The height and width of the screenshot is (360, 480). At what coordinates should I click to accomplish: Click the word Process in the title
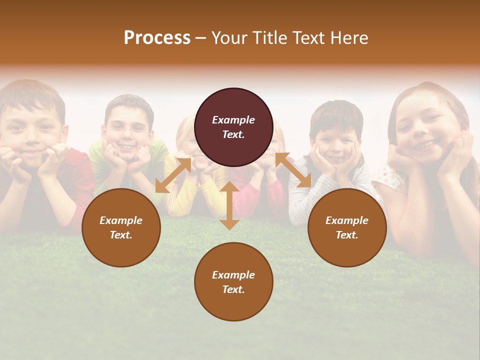(x=157, y=38)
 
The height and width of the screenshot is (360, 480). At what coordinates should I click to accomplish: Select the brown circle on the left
(x=121, y=227)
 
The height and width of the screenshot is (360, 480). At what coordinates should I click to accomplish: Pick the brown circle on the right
(x=347, y=227)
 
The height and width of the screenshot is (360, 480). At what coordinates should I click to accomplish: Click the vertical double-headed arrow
(x=229, y=205)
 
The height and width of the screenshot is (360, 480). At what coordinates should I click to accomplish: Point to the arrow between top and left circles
(x=173, y=175)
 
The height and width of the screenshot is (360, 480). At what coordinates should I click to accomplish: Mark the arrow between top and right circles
(x=293, y=170)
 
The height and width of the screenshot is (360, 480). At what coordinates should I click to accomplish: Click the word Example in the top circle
(x=233, y=120)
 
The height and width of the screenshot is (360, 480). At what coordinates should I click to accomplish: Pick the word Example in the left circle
(x=121, y=220)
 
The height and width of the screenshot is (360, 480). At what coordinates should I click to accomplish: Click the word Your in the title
(x=229, y=38)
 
